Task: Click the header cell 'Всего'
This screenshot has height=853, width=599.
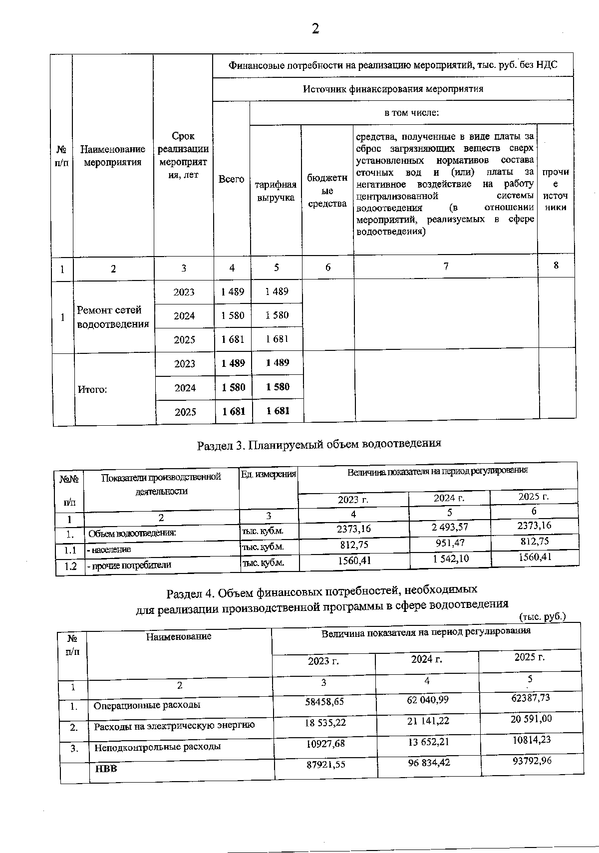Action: coord(231,179)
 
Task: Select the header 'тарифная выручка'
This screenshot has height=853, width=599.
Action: coord(276,191)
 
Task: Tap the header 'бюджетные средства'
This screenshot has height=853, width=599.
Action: coord(327,191)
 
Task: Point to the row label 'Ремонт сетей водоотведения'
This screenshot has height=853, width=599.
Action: coord(113,317)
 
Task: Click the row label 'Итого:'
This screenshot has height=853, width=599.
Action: coord(92,389)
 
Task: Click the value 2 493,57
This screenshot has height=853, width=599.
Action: coord(450,527)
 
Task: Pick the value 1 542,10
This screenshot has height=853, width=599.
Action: coord(450,559)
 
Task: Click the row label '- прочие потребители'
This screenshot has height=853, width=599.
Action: coord(129,565)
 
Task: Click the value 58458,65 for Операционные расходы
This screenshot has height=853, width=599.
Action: coord(324,701)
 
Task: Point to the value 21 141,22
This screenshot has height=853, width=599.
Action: coord(428,721)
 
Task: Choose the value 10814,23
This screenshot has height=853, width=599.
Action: coord(531,740)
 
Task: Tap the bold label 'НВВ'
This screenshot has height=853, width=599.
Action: coord(106,769)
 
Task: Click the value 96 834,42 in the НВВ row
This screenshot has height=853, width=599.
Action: coord(428,763)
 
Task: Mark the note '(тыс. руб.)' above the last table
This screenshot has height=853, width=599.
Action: coord(542,617)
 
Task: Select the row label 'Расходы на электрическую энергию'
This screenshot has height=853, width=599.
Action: coord(174,725)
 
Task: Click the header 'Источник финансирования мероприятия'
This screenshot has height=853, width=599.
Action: coord(393,89)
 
